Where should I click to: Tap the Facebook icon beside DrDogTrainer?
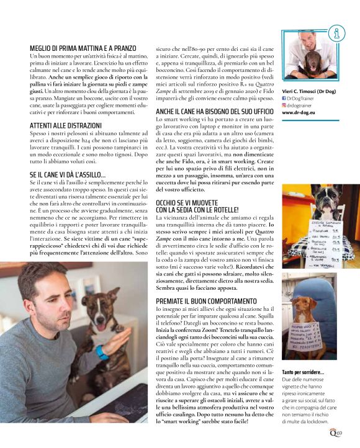[284, 97]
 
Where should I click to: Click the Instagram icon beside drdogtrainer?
[284, 105]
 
